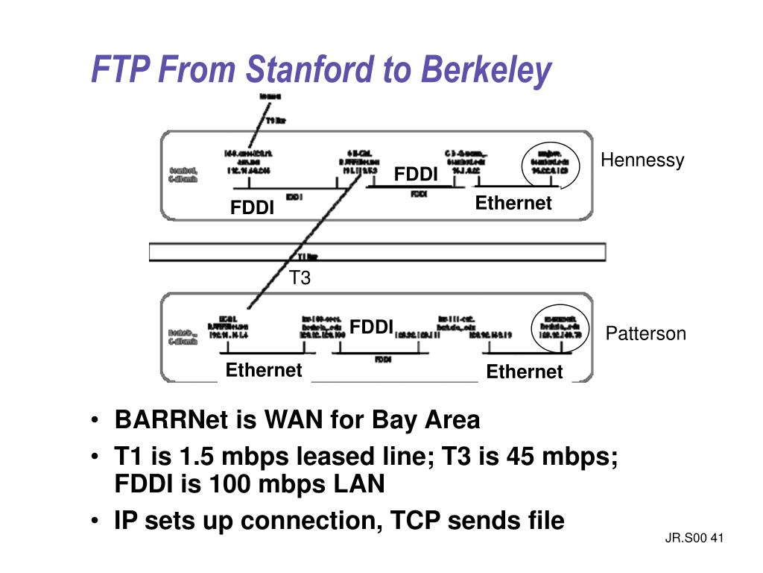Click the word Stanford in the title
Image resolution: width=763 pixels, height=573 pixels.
tap(311, 69)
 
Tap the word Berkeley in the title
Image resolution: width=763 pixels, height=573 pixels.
tap(486, 69)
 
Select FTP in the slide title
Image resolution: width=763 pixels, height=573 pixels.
tap(118, 69)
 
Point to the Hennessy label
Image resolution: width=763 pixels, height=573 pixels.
tap(642, 160)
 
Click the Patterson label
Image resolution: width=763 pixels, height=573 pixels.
tap(645, 334)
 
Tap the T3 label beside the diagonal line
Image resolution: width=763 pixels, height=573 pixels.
tap(300, 278)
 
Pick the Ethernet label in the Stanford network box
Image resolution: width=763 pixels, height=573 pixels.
tap(513, 203)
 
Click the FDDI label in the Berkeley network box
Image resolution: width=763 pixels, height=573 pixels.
tap(372, 327)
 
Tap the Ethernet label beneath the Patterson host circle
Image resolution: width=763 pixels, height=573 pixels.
tap(524, 372)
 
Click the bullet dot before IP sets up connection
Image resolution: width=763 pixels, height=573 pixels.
tap(96, 521)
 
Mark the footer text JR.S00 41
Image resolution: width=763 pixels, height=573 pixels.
tap(694, 539)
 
